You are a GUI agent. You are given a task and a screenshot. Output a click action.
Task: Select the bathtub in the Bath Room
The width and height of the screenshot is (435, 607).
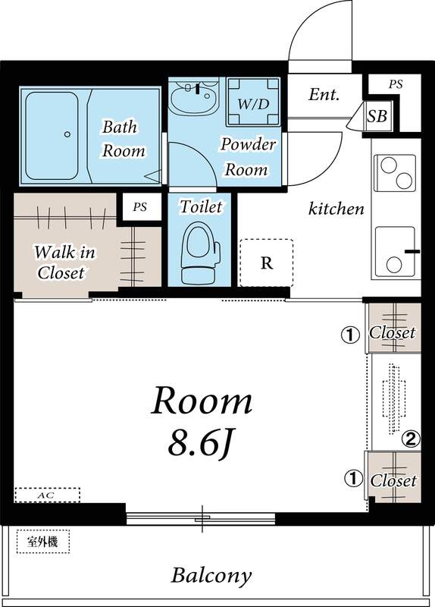point(52,135)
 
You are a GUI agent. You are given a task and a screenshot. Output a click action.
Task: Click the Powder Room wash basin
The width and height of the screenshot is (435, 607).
point(192,99)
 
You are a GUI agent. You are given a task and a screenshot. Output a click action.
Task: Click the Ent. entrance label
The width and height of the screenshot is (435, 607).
point(324,96)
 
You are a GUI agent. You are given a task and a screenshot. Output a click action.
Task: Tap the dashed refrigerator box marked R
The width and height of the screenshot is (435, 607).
point(266,263)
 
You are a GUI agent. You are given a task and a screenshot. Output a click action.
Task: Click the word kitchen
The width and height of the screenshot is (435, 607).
point(336,209)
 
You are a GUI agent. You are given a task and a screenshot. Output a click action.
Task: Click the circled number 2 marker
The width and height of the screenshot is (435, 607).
point(411,438)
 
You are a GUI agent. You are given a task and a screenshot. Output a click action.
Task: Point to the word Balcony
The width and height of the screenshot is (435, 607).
point(211,574)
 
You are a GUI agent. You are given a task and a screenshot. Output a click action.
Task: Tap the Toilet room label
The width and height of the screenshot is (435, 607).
point(201,206)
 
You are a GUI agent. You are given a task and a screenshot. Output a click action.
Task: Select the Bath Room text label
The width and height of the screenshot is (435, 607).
point(123,138)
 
